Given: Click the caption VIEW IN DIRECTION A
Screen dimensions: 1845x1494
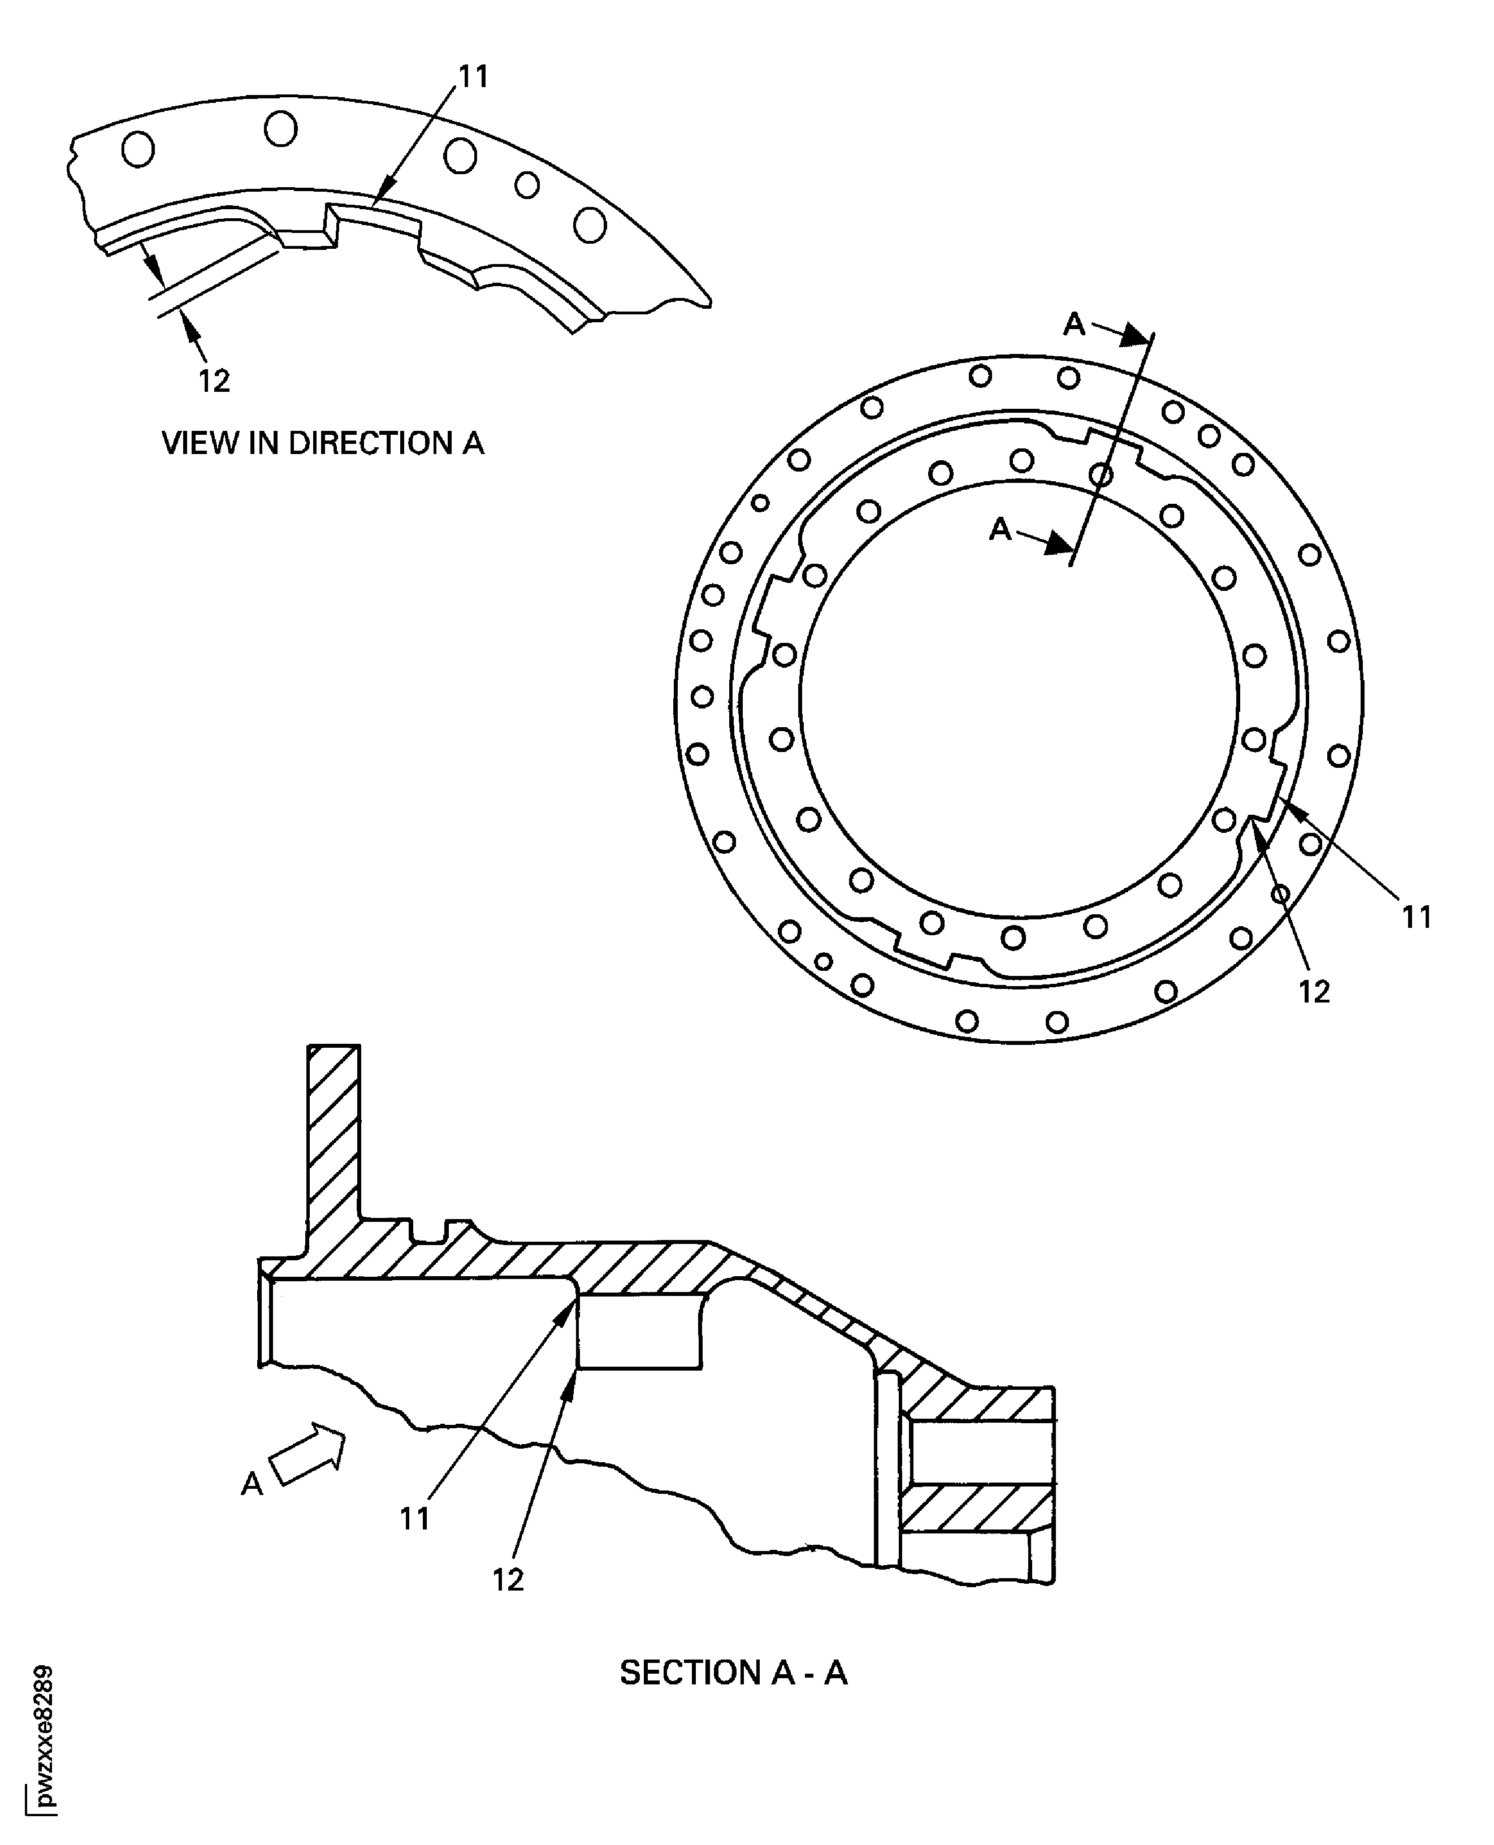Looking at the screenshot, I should (323, 443).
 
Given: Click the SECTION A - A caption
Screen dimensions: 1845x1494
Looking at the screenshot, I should (733, 1672).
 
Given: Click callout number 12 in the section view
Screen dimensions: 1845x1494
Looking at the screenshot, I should (508, 1580).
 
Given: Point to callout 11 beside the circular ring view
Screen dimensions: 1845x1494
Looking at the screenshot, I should (1417, 918).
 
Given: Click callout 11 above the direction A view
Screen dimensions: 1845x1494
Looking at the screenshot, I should (473, 77).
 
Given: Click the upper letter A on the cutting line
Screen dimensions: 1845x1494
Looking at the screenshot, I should (1074, 325).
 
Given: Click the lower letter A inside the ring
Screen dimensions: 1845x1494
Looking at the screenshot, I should (1000, 529).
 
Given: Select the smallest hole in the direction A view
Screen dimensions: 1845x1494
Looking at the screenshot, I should (527, 185).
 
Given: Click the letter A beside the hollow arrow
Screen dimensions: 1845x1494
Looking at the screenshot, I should (252, 1483).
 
